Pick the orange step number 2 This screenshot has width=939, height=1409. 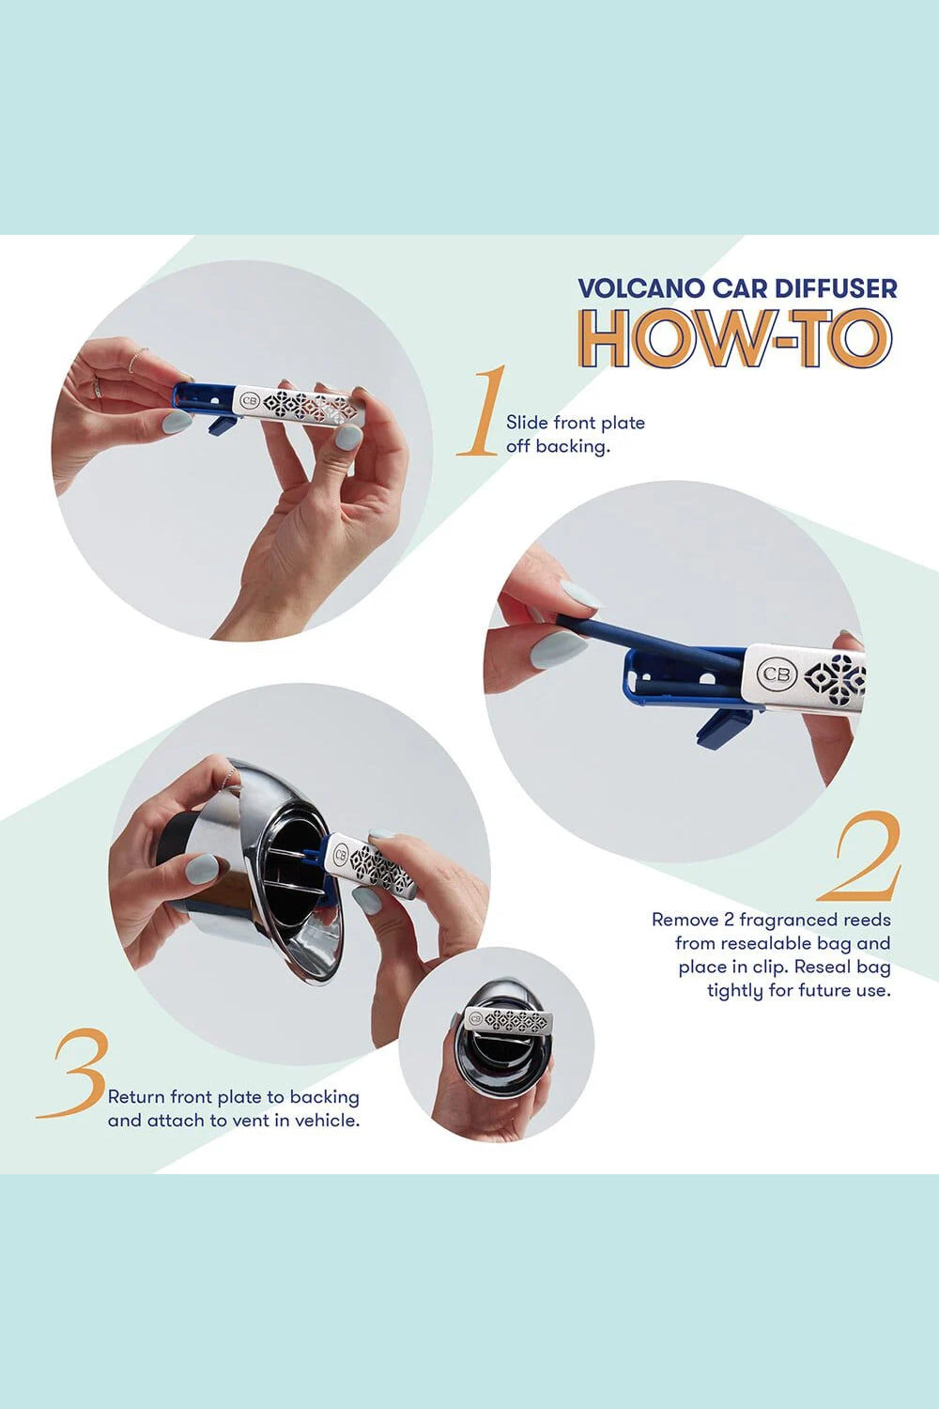point(860,857)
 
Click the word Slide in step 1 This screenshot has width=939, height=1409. point(527,423)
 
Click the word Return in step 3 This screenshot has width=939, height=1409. point(136,1097)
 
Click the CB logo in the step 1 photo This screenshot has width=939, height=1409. point(250,401)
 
